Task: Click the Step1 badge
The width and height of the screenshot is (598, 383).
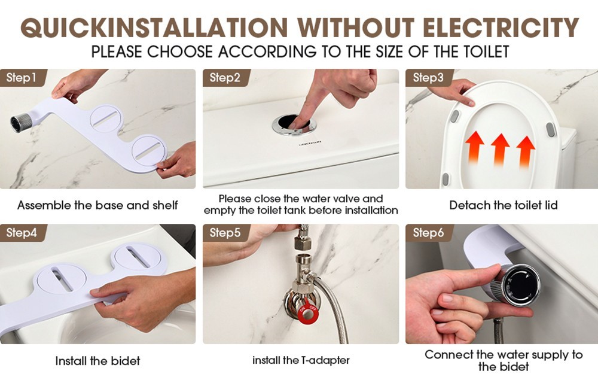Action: [x=23, y=78]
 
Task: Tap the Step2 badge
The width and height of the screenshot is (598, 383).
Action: [x=226, y=78]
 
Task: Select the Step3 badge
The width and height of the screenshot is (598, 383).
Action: [x=429, y=78]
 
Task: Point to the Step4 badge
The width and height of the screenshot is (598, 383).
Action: [x=23, y=233]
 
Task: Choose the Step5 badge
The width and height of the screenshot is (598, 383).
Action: [x=226, y=233]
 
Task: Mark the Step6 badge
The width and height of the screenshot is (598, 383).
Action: [x=429, y=233]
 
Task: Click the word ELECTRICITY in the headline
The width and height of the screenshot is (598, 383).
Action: [x=501, y=28]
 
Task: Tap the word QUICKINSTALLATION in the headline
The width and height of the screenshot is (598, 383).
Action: [x=154, y=28]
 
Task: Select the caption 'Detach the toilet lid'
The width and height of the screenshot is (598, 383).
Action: [x=504, y=205]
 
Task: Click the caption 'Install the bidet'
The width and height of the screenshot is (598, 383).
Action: [x=97, y=360]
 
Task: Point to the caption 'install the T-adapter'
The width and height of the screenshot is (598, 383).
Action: [x=301, y=360]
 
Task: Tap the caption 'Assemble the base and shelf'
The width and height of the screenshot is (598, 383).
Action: [x=97, y=205]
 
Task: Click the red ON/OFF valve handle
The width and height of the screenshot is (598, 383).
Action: [x=307, y=314]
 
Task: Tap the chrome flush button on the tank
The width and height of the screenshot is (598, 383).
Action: [x=294, y=124]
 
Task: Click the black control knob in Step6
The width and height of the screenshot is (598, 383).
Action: [x=521, y=285]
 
